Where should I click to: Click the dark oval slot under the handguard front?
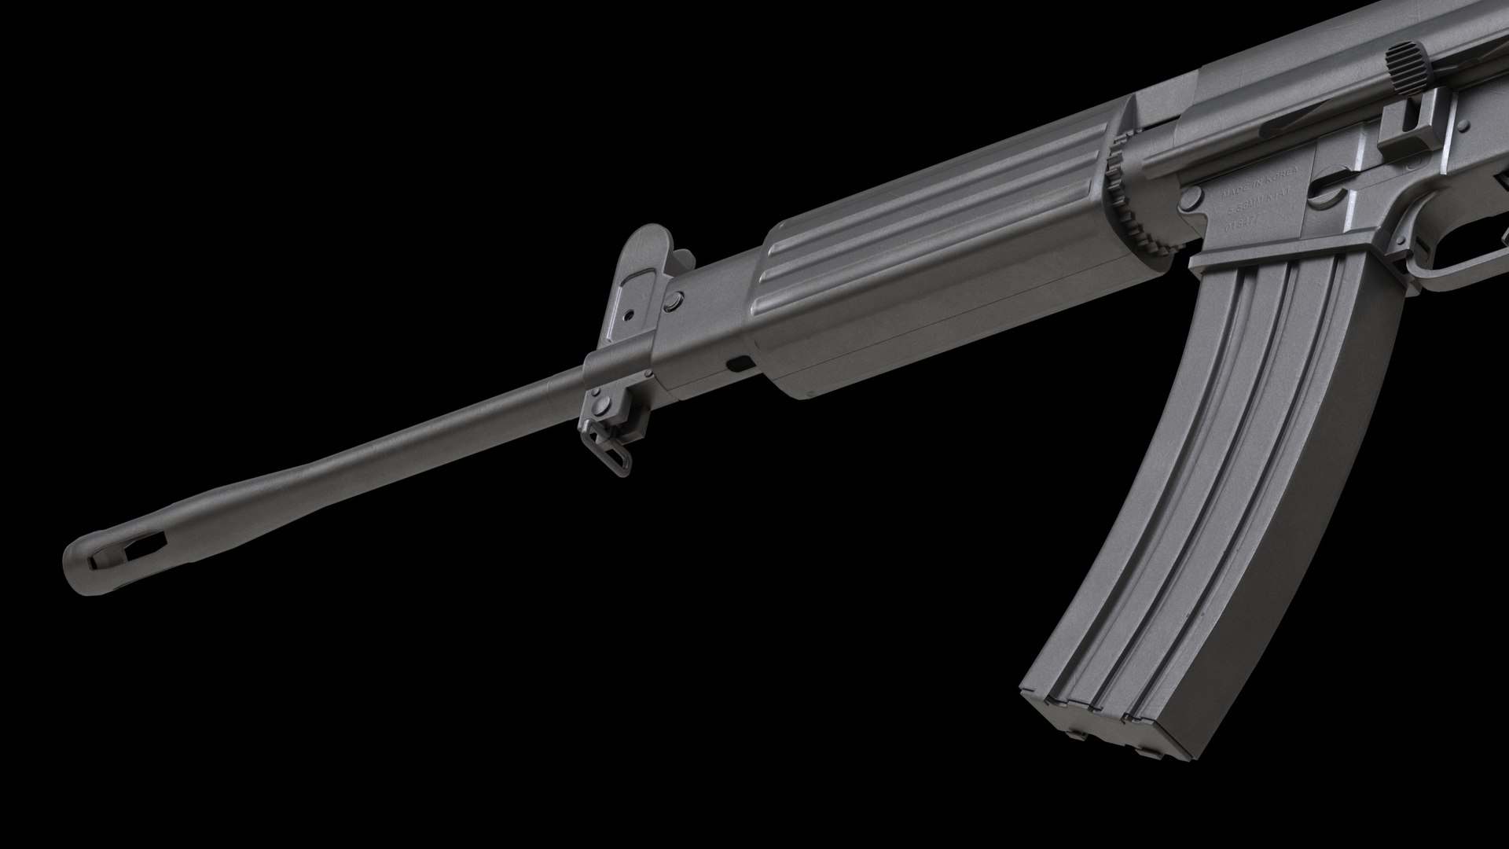click(x=740, y=364)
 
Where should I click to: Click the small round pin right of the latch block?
click(x=1463, y=126)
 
